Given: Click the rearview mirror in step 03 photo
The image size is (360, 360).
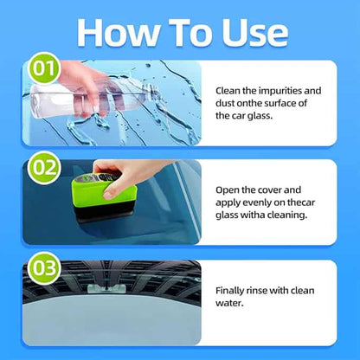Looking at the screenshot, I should point(102,286).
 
